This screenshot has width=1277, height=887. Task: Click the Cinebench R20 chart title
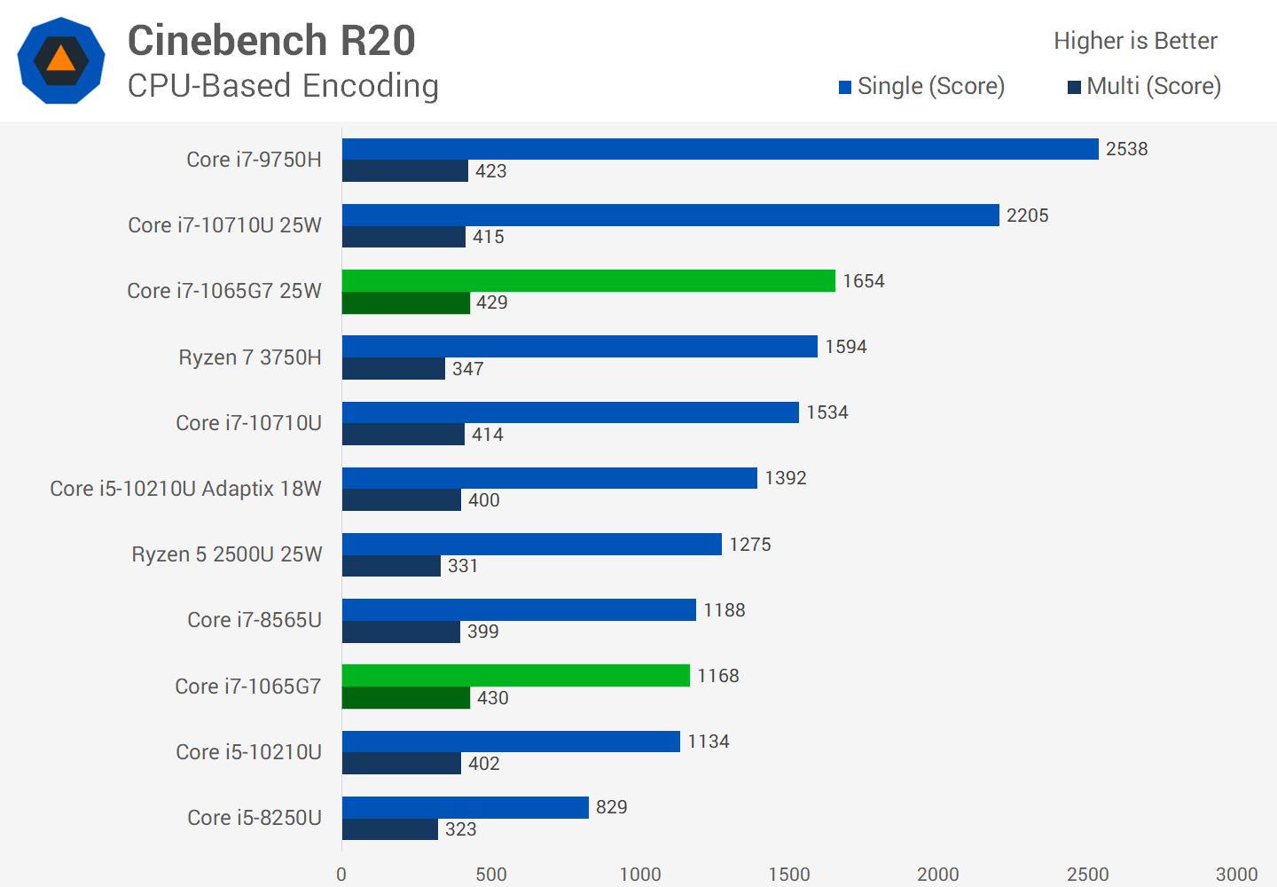pos(271,41)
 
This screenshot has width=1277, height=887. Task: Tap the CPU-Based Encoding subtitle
pos(283,86)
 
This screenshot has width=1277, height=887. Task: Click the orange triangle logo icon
pos(61,60)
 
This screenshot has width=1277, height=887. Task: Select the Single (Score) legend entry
pos(922,86)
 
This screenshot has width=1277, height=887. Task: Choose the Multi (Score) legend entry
pos(1145,86)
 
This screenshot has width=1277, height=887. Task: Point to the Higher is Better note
pos(1135,41)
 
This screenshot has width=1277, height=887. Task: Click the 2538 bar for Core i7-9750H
pos(720,149)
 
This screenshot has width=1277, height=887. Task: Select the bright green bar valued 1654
pos(589,281)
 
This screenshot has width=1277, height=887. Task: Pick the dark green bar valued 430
pos(406,698)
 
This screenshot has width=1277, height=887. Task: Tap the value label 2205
pos(1027,216)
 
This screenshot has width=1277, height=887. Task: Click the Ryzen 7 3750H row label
pos(250,357)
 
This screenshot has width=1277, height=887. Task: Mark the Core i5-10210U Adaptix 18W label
pos(185,489)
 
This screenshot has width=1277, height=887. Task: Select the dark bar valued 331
pos(391,566)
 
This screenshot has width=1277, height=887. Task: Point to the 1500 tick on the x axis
pos(789,874)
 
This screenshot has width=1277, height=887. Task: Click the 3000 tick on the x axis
pos(1236,874)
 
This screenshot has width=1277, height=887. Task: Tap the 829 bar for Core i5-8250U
pos(466,807)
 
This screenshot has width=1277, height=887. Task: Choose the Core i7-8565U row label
pos(255,620)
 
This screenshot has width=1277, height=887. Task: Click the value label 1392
pos(786,478)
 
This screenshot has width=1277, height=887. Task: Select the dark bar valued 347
pos(394,369)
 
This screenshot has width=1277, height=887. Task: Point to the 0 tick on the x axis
pos(341,874)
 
